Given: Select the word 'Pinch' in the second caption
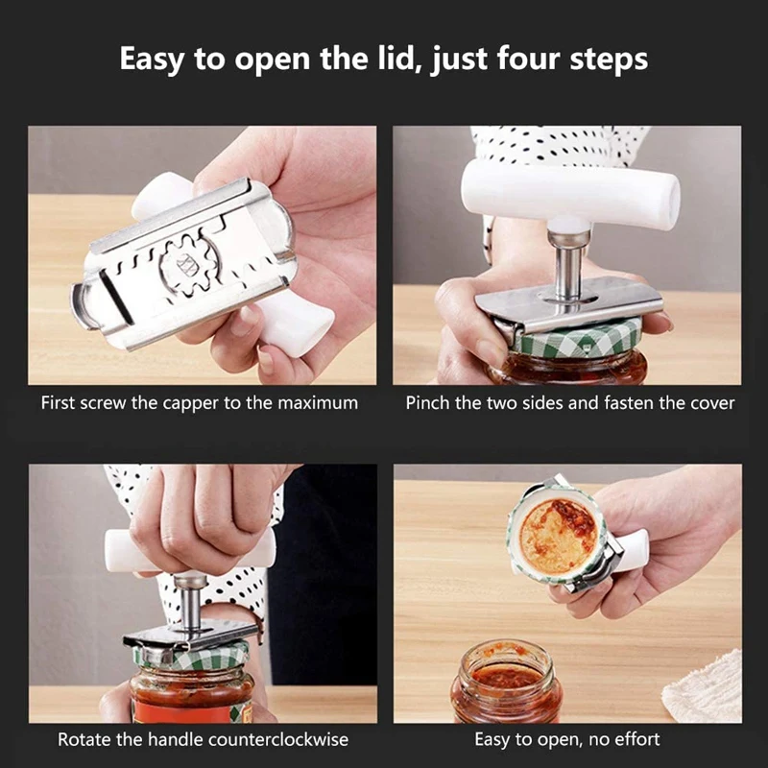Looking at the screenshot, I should (x=427, y=402).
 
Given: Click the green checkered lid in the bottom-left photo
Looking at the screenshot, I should (x=192, y=658).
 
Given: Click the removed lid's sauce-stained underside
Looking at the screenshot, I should (x=558, y=535).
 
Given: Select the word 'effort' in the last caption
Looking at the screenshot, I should (x=635, y=739).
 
